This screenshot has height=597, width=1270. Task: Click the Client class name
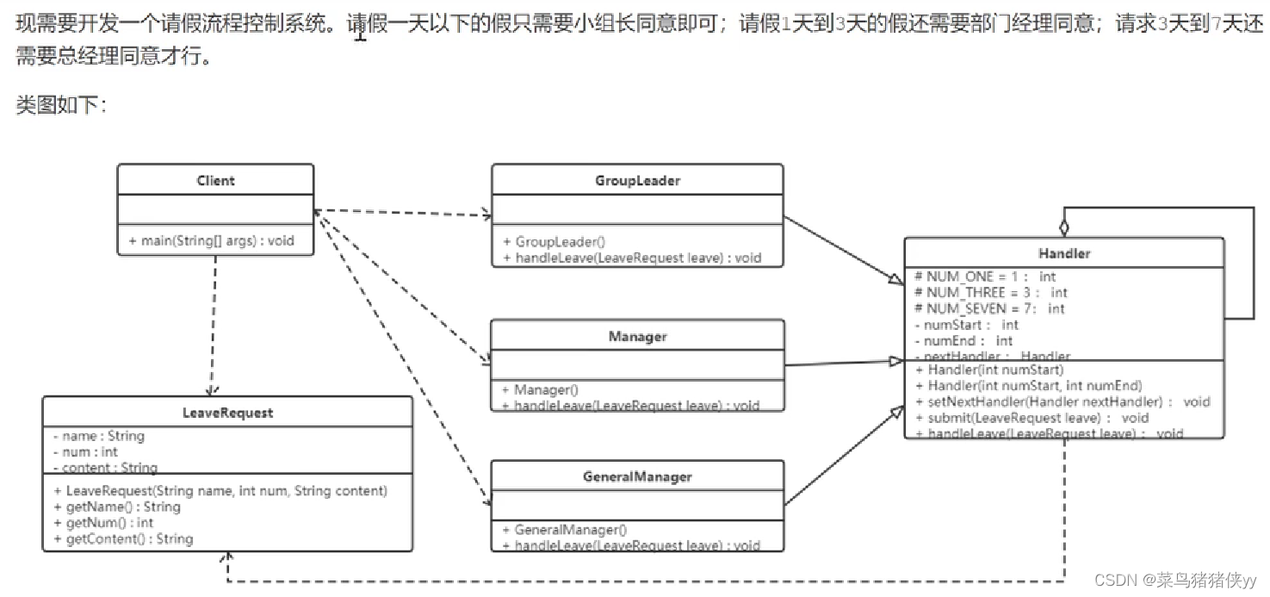click(215, 181)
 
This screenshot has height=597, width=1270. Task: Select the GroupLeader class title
click(637, 181)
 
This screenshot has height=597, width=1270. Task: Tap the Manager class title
click(637, 337)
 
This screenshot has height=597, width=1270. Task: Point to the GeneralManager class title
click(637, 476)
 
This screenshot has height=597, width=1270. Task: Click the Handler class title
click(1064, 253)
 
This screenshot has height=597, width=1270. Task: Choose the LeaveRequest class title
click(227, 413)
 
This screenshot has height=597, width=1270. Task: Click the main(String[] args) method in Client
click(211, 240)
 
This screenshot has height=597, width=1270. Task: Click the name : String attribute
click(98, 436)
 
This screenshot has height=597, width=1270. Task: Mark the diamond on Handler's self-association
click(1064, 227)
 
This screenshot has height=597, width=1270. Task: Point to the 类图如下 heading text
click(60, 105)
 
